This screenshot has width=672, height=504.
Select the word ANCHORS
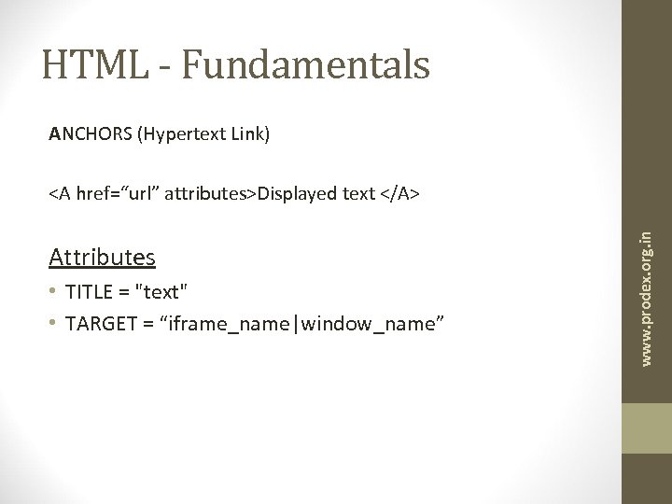[91, 135]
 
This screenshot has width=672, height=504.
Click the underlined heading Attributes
[103, 256]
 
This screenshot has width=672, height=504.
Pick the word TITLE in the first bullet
[90, 291]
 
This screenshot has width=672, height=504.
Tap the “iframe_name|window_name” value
[298, 323]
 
